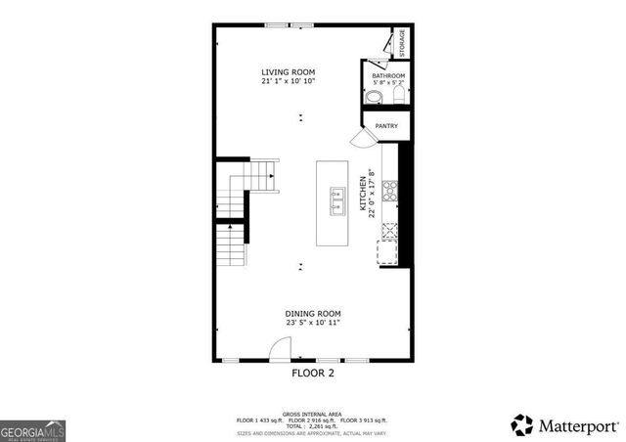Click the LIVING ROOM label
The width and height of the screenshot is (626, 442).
(288, 72)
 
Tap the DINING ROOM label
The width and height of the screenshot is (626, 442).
(313, 313)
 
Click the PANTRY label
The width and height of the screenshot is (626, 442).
(385, 125)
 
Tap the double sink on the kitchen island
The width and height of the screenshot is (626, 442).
(337, 200)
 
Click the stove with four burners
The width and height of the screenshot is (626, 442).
(390, 191)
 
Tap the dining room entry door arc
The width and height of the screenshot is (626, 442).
(281, 348)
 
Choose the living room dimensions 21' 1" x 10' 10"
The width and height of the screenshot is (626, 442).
(288, 82)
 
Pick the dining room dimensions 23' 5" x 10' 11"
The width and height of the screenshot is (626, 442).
(313, 323)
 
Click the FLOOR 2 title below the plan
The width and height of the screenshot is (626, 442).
(313, 373)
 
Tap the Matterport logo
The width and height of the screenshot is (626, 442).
(564, 425)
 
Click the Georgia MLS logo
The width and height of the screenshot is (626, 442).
(32, 430)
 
